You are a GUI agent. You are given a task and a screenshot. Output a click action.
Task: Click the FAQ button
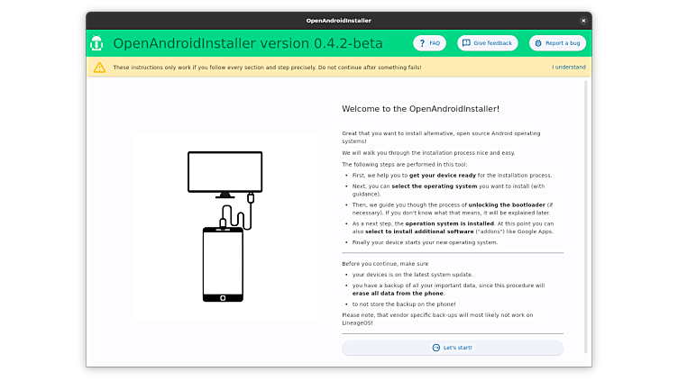(429, 43)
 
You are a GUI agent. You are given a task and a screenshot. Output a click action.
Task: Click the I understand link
(569, 68)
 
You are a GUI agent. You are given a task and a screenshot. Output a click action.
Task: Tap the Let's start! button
(453, 348)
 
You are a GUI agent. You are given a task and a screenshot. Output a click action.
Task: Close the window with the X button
(583, 20)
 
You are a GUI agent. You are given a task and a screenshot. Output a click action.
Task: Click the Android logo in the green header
(96, 43)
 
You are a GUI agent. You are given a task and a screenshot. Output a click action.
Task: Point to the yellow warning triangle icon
(99, 68)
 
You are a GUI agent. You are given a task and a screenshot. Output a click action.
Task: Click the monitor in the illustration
(224, 171)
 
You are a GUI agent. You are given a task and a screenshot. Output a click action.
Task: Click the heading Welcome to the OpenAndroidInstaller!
(420, 108)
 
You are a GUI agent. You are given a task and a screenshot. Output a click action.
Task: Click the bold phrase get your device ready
(442, 176)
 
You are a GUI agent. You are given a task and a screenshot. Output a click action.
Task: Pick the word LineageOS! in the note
(357, 324)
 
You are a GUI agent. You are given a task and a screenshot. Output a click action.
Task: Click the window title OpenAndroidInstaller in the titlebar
(338, 20)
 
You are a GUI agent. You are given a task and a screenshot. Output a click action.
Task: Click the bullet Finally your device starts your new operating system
(425, 242)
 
